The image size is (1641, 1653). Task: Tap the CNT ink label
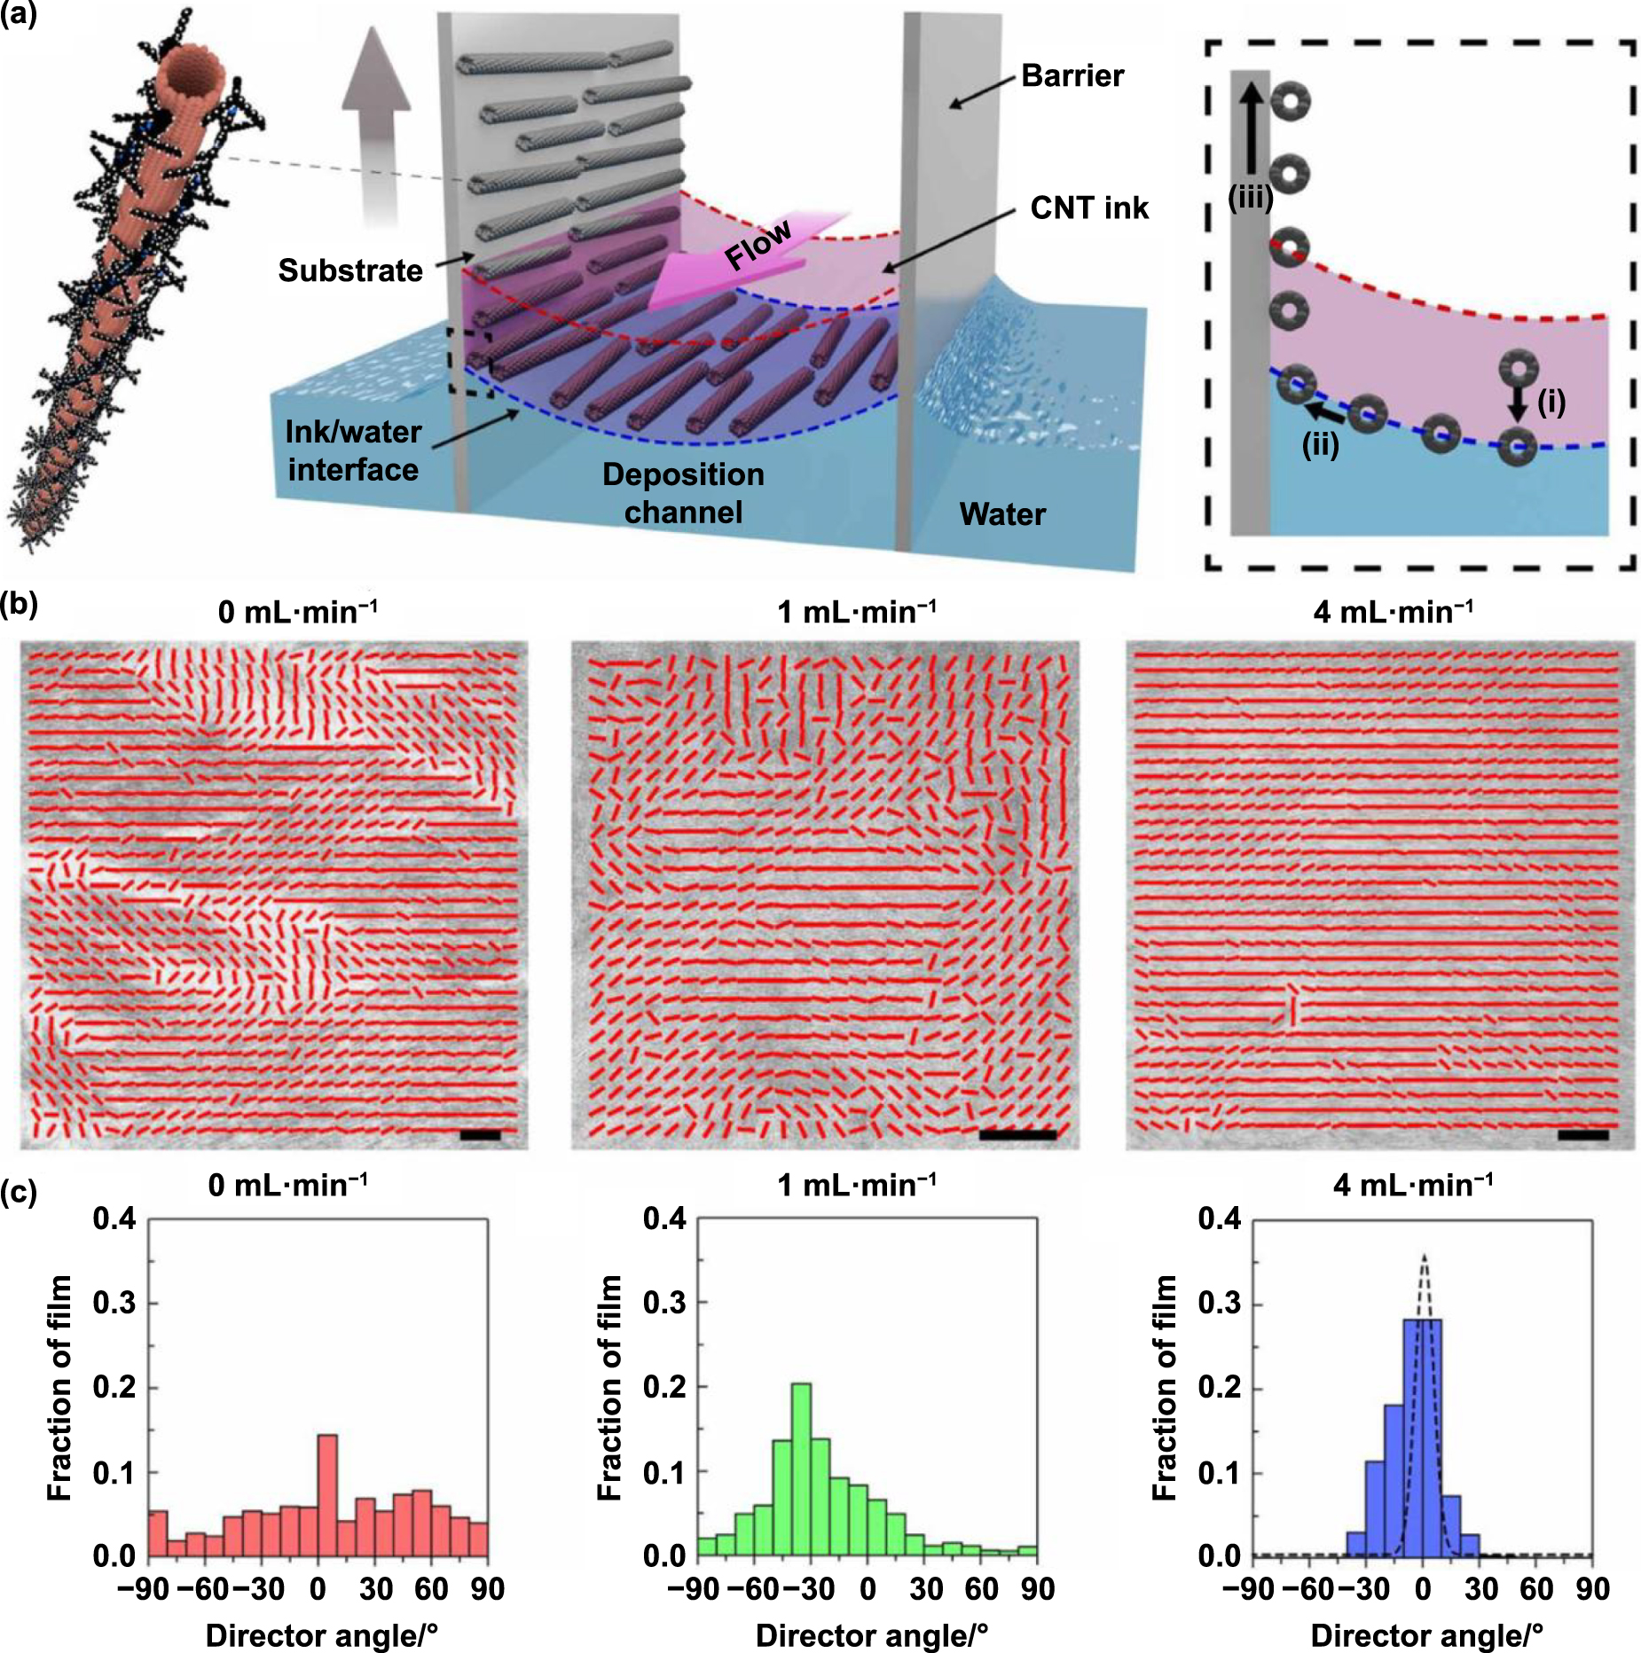pyautogui.click(x=1088, y=208)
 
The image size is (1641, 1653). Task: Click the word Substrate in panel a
pyautogui.click(x=350, y=270)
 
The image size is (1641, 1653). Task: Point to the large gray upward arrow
pyautogui.click(x=377, y=124)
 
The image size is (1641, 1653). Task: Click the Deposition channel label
pyautogui.click(x=683, y=493)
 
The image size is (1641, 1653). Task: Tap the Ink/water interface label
pyautogui.click(x=353, y=450)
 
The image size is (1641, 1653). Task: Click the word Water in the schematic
pyautogui.click(x=1002, y=514)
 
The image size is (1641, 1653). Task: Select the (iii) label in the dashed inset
pyautogui.click(x=1250, y=199)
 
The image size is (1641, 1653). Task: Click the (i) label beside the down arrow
pyautogui.click(x=1551, y=403)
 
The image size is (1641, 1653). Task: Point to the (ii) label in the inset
pyautogui.click(x=1320, y=444)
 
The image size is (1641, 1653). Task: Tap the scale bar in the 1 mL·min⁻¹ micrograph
pyautogui.click(x=1017, y=1134)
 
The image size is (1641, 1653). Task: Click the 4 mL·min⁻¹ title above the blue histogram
pyautogui.click(x=1413, y=1185)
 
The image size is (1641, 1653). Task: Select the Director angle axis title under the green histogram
pyautogui.click(x=871, y=1635)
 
